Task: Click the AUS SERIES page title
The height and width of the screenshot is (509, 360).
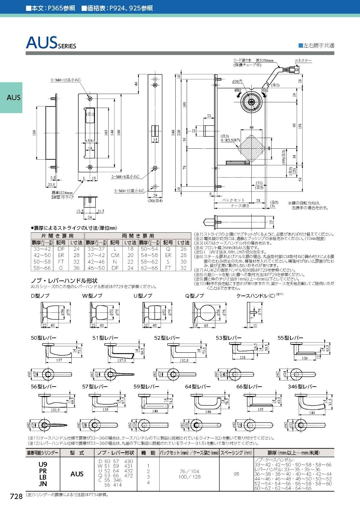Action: tap(51, 43)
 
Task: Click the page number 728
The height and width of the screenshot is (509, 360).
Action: tap(16, 496)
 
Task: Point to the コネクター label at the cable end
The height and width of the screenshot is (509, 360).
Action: tap(303, 61)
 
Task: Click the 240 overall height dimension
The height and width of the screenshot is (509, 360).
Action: tap(173, 132)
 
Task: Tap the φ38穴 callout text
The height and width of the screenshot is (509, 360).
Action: tap(237, 81)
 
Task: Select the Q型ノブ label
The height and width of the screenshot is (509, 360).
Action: tap(194, 296)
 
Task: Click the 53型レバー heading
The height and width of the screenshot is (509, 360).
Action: tap(228, 338)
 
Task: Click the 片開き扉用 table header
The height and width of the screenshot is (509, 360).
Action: tap(57, 236)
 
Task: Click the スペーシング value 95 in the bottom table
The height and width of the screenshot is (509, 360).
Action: tap(236, 474)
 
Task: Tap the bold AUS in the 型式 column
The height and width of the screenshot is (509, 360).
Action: tap(77, 474)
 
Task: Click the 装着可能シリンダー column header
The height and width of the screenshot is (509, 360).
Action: tap(43, 453)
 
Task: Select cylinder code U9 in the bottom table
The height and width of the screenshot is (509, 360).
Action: tap(43, 464)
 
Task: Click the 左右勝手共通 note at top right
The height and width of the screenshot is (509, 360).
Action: tap(316, 45)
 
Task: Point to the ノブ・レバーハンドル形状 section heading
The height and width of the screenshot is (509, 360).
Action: tap(64, 281)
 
